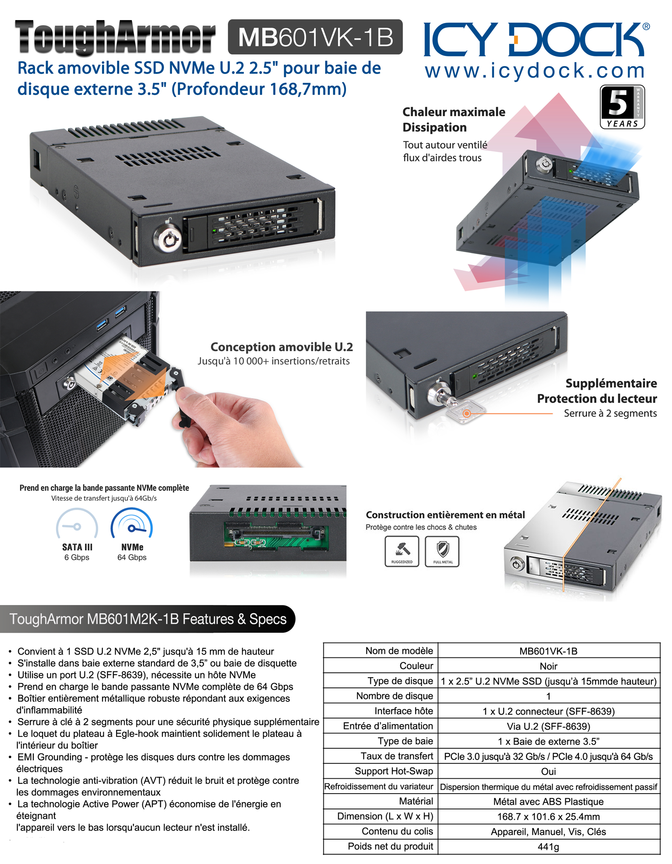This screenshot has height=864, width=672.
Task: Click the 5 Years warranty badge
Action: click(x=622, y=107)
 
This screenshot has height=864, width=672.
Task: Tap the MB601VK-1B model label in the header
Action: click(x=315, y=37)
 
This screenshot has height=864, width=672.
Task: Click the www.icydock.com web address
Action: click(x=535, y=70)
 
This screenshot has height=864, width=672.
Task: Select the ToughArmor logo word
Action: click(x=115, y=38)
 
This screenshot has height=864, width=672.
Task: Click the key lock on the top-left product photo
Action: click(x=168, y=236)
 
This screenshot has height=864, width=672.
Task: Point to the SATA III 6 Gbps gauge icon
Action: click(x=77, y=524)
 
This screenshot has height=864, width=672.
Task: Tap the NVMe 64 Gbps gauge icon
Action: click(x=131, y=524)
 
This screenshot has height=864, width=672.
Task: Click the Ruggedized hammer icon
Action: click(x=402, y=551)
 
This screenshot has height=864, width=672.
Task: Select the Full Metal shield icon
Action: click(x=442, y=551)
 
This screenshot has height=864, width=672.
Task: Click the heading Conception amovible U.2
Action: click(x=282, y=346)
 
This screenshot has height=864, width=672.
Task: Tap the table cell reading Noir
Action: click(x=548, y=666)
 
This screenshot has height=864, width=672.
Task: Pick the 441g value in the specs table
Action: click(x=548, y=847)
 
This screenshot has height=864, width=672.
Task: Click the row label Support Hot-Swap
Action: click(x=394, y=771)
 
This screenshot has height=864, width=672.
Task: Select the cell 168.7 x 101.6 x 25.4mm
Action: click(x=548, y=817)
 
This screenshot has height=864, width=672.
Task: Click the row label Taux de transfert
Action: click(x=397, y=756)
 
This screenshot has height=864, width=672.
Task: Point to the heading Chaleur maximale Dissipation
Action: click(x=454, y=119)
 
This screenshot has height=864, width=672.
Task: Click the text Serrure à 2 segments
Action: click(x=610, y=413)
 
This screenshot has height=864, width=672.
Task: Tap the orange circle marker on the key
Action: click(x=467, y=413)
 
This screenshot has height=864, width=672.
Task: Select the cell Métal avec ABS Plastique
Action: click(x=548, y=802)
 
